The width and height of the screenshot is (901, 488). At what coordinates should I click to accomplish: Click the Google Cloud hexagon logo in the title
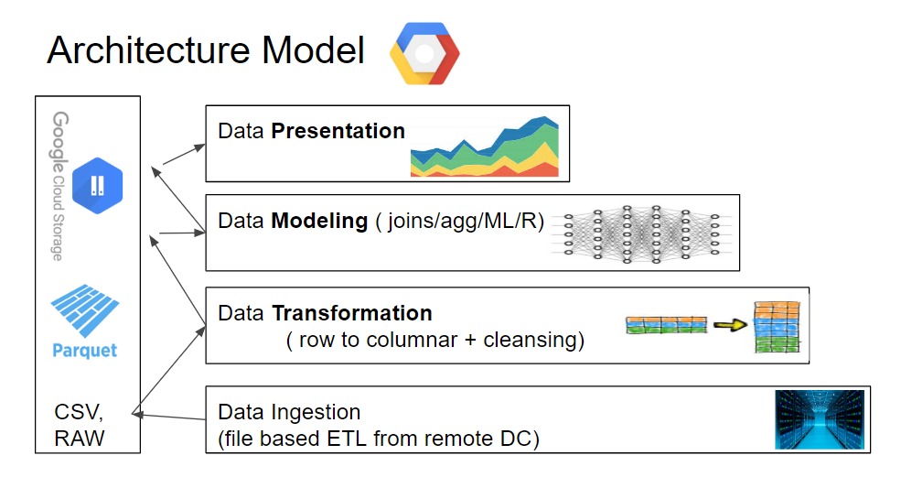[x=424, y=53]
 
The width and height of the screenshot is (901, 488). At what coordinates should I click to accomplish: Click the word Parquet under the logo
[x=85, y=351]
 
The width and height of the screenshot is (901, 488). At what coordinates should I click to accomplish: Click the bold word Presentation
[x=338, y=131]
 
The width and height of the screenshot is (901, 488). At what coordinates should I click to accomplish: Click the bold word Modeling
[x=319, y=222]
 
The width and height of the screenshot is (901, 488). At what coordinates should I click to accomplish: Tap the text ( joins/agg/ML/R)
[x=459, y=222]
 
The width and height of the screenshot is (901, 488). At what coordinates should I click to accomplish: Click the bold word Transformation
[x=351, y=313]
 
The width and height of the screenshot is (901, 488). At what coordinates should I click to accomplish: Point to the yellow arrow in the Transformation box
[x=730, y=324]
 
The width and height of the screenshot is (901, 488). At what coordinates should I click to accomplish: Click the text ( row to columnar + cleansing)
[x=434, y=341]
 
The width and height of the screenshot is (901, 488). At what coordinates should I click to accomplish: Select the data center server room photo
[x=819, y=419]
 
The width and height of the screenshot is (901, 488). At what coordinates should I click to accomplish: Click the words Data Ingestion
[x=289, y=412]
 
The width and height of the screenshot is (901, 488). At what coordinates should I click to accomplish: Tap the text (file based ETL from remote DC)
[x=379, y=439]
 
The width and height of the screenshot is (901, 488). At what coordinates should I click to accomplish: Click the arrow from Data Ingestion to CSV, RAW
[x=169, y=416]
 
